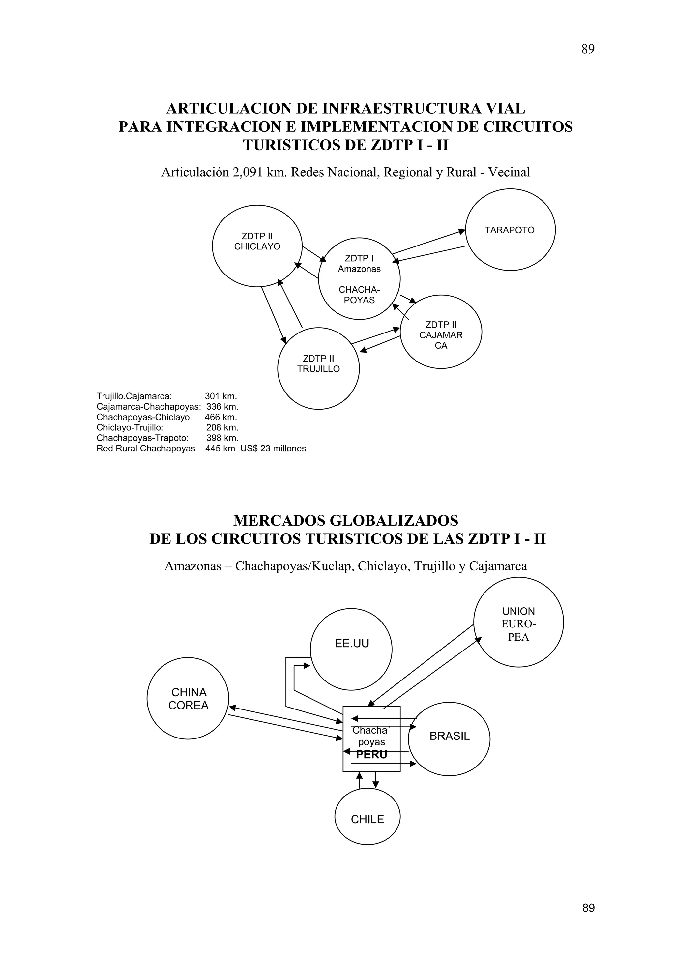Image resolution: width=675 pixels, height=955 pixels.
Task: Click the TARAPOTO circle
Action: click(510, 230)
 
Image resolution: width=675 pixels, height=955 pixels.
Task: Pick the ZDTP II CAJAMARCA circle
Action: click(441, 332)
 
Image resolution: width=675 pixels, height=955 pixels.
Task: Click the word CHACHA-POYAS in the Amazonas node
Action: click(359, 295)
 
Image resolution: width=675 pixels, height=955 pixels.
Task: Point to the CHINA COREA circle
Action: click(188, 699)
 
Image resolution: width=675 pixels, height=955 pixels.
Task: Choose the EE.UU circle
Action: click(351, 649)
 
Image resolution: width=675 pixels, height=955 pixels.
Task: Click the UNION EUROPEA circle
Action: click(518, 622)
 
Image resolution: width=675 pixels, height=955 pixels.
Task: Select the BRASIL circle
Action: click(449, 736)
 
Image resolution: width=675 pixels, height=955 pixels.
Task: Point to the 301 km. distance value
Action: click(221, 396)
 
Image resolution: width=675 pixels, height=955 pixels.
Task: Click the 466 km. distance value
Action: click(221, 417)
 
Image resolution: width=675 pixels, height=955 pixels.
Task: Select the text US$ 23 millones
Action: click(273, 449)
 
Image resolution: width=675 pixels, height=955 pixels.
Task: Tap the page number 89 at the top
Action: click(588, 49)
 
